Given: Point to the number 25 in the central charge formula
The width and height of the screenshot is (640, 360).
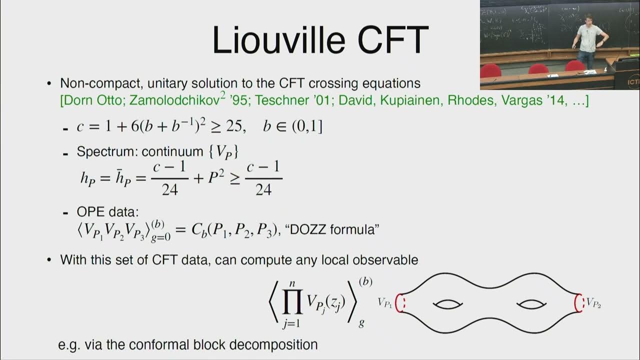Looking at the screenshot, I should coord(234,126).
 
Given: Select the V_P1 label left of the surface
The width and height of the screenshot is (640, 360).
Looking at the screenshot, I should coord(385,302).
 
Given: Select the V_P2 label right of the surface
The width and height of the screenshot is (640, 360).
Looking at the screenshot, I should coord(593,302).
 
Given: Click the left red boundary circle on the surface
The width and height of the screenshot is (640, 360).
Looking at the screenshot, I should coord(399,303).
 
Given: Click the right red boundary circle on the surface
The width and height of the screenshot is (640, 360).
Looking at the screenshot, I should coord(579,303).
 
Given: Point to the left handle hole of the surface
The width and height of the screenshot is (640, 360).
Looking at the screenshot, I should coord(447,304).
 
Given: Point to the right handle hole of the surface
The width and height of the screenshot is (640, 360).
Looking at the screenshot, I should coord(531,304).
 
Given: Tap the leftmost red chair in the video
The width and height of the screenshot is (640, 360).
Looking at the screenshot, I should coord(491,70).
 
